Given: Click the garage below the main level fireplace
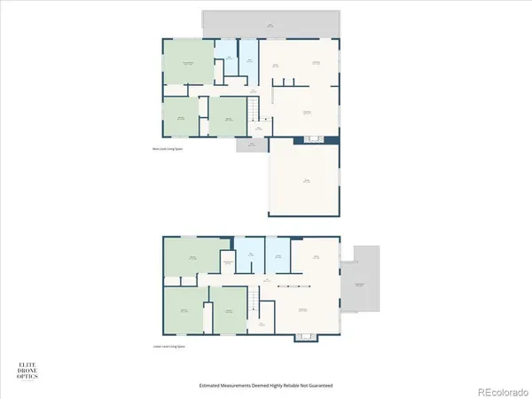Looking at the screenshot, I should pyautogui.click(x=304, y=179).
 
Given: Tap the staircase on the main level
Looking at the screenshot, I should pyautogui.click(x=256, y=111).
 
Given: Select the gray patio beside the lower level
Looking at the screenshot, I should pyautogui.click(x=363, y=280).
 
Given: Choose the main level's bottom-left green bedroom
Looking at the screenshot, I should pyautogui.click(x=183, y=117).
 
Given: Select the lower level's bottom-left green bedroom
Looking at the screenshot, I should pyautogui.click(x=184, y=310).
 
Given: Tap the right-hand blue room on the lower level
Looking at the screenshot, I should pyautogui.click(x=278, y=255).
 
